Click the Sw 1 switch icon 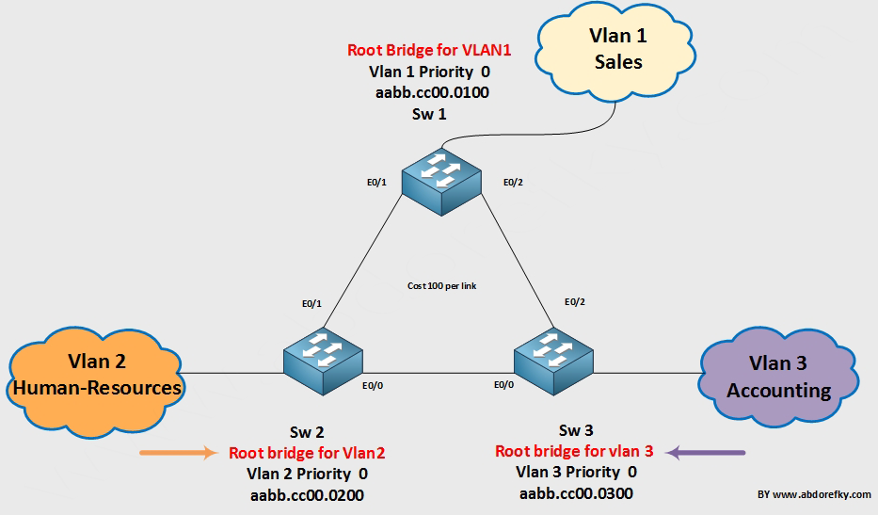point(442,181)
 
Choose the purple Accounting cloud point(777,377)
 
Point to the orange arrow point(179,453)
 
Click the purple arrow point(705,453)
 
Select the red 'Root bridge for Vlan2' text point(307,453)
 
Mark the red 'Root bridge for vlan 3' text point(574,451)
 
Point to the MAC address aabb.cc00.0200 point(307,494)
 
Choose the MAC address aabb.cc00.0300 point(576,492)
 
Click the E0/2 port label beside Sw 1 point(512,182)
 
